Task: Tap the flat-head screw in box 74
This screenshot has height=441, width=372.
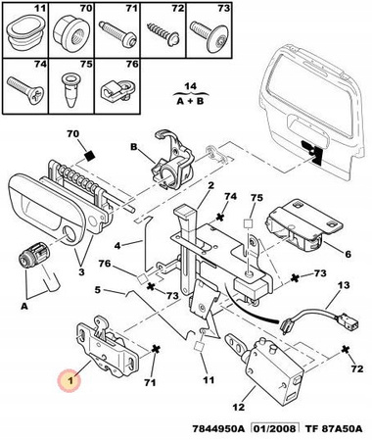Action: [24, 89]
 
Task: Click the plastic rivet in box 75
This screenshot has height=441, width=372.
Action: [70, 89]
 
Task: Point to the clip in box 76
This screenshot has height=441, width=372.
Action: [117, 89]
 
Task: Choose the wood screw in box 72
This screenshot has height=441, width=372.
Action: [163, 33]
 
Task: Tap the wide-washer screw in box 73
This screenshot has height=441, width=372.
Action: [209, 35]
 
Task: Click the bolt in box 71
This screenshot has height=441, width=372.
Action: [117, 33]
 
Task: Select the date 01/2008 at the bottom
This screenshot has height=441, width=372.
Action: [275, 428]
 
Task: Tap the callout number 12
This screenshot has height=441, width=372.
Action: [239, 407]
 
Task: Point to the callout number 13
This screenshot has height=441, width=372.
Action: [343, 285]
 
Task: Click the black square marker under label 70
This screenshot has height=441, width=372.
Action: [89, 156]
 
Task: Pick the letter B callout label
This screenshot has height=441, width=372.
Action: [134, 147]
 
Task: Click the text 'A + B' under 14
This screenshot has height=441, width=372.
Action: [190, 101]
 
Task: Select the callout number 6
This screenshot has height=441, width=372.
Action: [348, 254]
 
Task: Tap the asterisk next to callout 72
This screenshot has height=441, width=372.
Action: [344, 349]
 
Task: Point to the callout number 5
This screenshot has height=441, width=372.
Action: [97, 289]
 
